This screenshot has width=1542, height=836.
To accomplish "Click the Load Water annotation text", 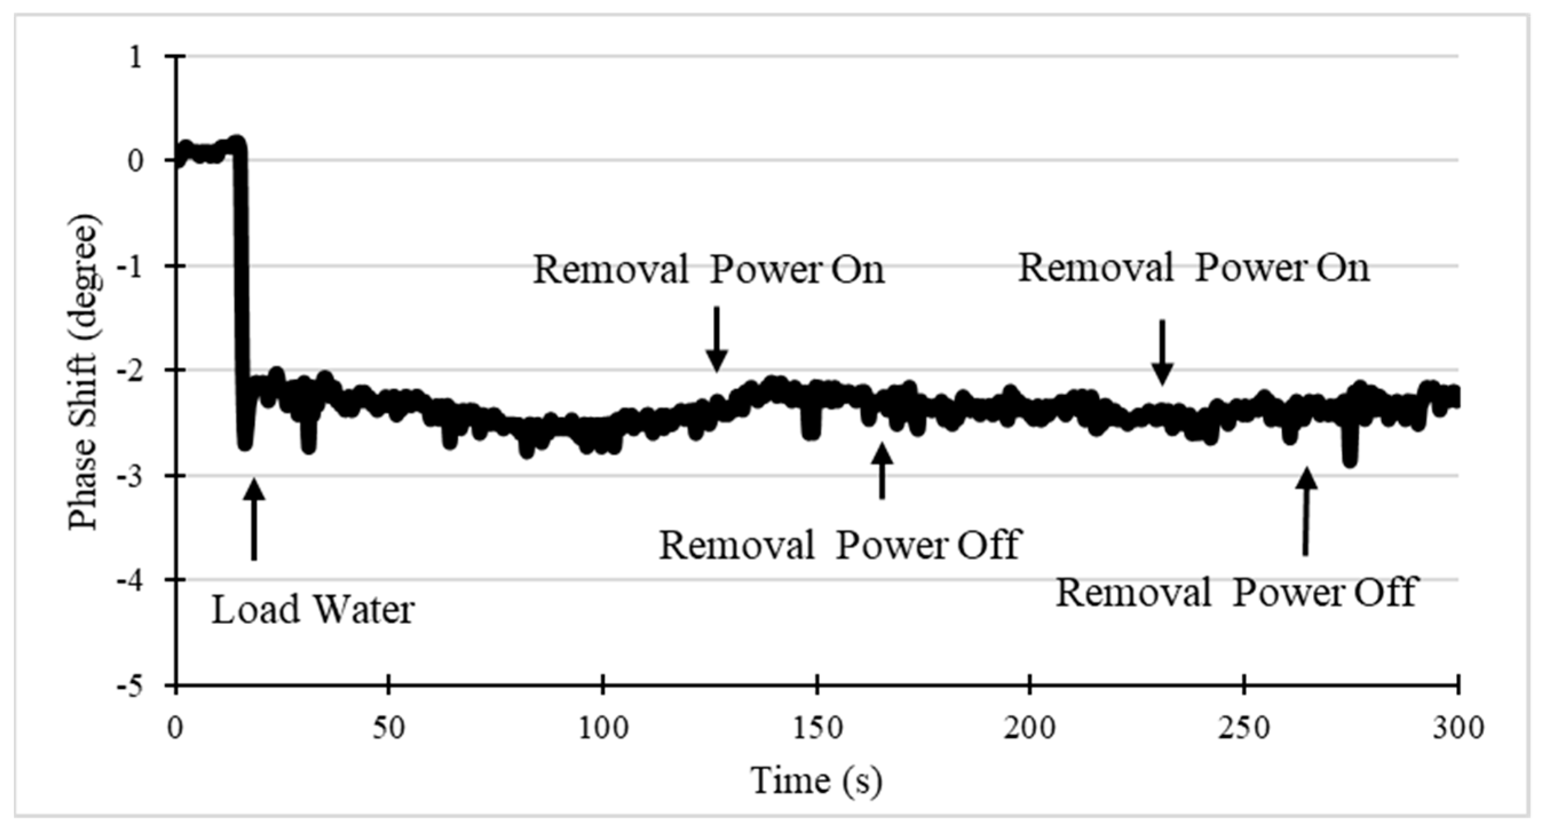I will [x=313, y=610].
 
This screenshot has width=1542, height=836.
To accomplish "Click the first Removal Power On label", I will [x=709, y=269].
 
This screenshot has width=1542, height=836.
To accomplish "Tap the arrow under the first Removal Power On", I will [x=716, y=338].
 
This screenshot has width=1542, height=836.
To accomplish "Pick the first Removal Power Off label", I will [x=839, y=545].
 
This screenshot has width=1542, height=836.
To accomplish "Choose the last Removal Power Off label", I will [x=1236, y=592].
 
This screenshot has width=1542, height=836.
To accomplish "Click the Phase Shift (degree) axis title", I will [x=83, y=372].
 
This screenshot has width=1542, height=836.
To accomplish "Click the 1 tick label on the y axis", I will [x=137, y=57].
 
